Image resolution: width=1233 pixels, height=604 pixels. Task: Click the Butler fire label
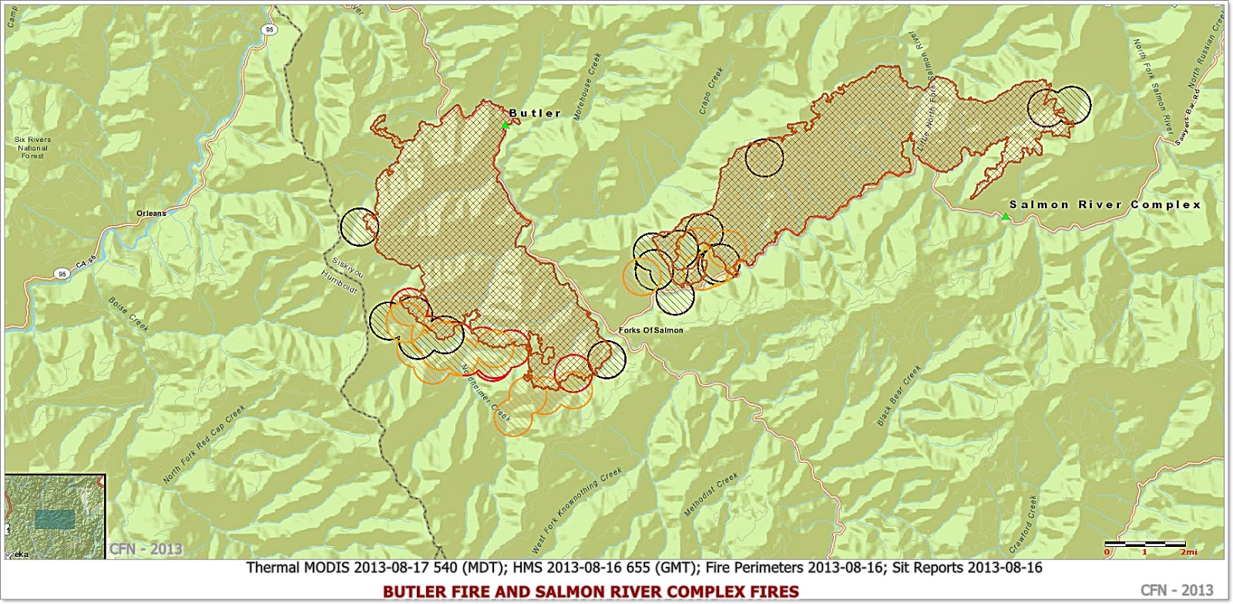[x=535, y=113]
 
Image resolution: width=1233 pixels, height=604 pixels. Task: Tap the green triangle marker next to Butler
[x=506, y=125]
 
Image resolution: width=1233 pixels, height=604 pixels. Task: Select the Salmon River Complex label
[x=1105, y=204]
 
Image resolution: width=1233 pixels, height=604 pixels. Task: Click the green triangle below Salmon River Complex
[x=1005, y=217]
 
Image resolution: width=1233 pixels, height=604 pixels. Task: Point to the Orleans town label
[x=150, y=213]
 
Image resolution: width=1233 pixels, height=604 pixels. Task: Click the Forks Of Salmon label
[x=650, y=330]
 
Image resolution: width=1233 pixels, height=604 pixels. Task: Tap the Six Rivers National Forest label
[x=32, y=147]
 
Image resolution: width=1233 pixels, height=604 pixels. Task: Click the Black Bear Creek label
[x=899, y=396]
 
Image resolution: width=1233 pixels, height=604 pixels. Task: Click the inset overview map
[x=54, y=516]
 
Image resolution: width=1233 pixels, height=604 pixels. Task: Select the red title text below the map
[x=590, y=592]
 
